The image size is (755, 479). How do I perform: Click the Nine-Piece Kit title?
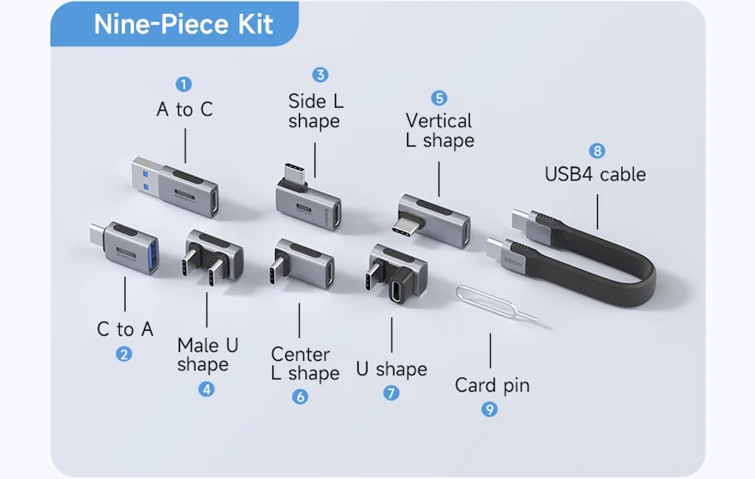pos(183,25)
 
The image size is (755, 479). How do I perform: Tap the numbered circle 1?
pos(184,84)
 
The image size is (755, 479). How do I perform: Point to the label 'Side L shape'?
pos(316,111)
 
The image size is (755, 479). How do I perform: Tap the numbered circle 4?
pos(206,389)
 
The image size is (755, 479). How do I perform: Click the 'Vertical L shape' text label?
pos(439,130)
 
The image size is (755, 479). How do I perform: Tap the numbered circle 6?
pos(300,397)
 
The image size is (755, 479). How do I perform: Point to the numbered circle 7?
pos(391,394)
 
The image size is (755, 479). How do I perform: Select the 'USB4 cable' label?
pos(595,174)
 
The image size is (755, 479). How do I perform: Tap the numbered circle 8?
pos(596,151)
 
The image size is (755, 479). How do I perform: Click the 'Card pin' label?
pos(492,385)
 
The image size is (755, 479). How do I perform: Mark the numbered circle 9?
pos(489,409)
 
